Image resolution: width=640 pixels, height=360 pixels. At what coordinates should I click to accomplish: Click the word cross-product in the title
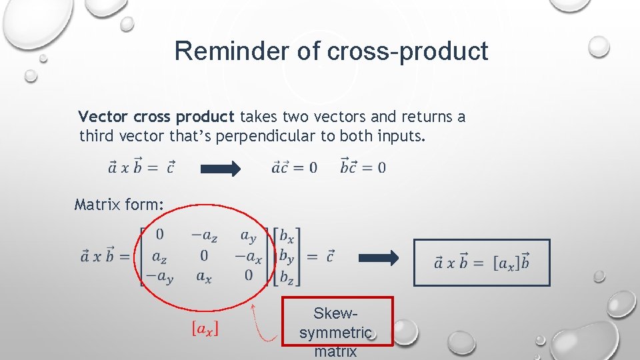pyautogui.click(x=408, y=51)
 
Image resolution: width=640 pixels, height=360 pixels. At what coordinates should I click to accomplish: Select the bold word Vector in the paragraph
pyautogui.click(x=103, y=117)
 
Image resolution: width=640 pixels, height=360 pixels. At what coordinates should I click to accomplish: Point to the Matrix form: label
pyautogui.click(x=119, y=204)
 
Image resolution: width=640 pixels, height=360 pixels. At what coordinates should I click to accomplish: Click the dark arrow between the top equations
pyautogui.click(x=221, y=169)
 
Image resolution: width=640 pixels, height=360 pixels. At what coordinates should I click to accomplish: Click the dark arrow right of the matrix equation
pyautogui.click(x=379, y=257)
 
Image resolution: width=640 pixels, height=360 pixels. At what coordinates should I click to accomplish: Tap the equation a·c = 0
pyautogui.click(x=295, y=167)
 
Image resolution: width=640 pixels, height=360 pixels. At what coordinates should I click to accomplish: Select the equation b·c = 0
pyautogui.click(x=363, y=167)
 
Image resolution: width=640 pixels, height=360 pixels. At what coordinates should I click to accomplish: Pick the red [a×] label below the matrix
pyautogui.click(x=205, y=329)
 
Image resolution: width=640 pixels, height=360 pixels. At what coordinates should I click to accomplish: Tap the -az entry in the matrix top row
pyautogui.click(x=204, y=235)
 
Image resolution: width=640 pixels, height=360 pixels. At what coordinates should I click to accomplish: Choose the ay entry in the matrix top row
pyautogui.click(x=248, y=235)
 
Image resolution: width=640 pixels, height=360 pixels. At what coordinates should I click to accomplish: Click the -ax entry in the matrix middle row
pyautogui.click(x=248, y=256)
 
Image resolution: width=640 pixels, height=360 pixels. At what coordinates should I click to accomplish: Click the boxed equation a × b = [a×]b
pyautogui.click(x=482, y=263)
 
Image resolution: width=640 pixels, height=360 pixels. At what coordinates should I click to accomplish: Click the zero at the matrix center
pyautogui.click(x=204, y=256)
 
